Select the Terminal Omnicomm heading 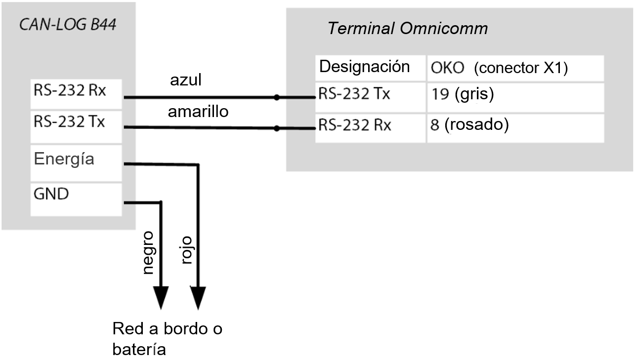pos(408,29)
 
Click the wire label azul pos(185,80)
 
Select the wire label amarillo pos(198,112)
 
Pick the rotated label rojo pos(186,250)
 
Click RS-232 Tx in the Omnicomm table pos(354,94)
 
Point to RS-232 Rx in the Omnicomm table pos(354,125)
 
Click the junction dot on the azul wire pos(277,97)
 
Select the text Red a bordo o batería pos(167,339)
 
